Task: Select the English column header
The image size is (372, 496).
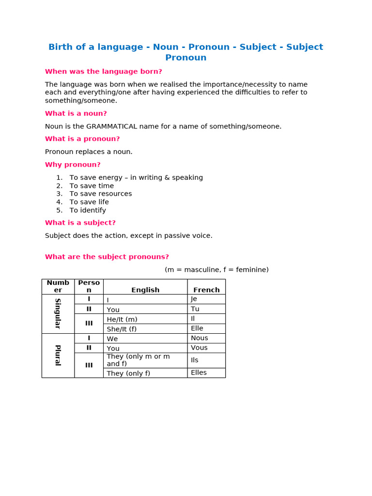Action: click(x=145, y=290)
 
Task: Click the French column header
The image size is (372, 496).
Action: click(x=206, y=290)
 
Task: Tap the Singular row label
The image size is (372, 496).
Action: click(x=58, y=313)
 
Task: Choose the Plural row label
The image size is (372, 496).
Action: click(x=58, y=355)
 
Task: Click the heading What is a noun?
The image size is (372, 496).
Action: click(x=76, y=113)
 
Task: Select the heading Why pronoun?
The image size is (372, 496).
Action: click(x=73, y=165)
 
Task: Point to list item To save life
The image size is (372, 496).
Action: click(x=89, y=202)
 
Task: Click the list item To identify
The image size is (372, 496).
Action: click(x=88, y=210)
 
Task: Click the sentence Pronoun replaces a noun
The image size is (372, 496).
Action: click(x=89, y=152)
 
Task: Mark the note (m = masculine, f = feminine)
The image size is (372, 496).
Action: click(x=217, y=269)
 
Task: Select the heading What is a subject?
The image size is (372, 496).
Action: click(x=80, y=223)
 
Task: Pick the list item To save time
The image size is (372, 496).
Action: click(x=92, y=186)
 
